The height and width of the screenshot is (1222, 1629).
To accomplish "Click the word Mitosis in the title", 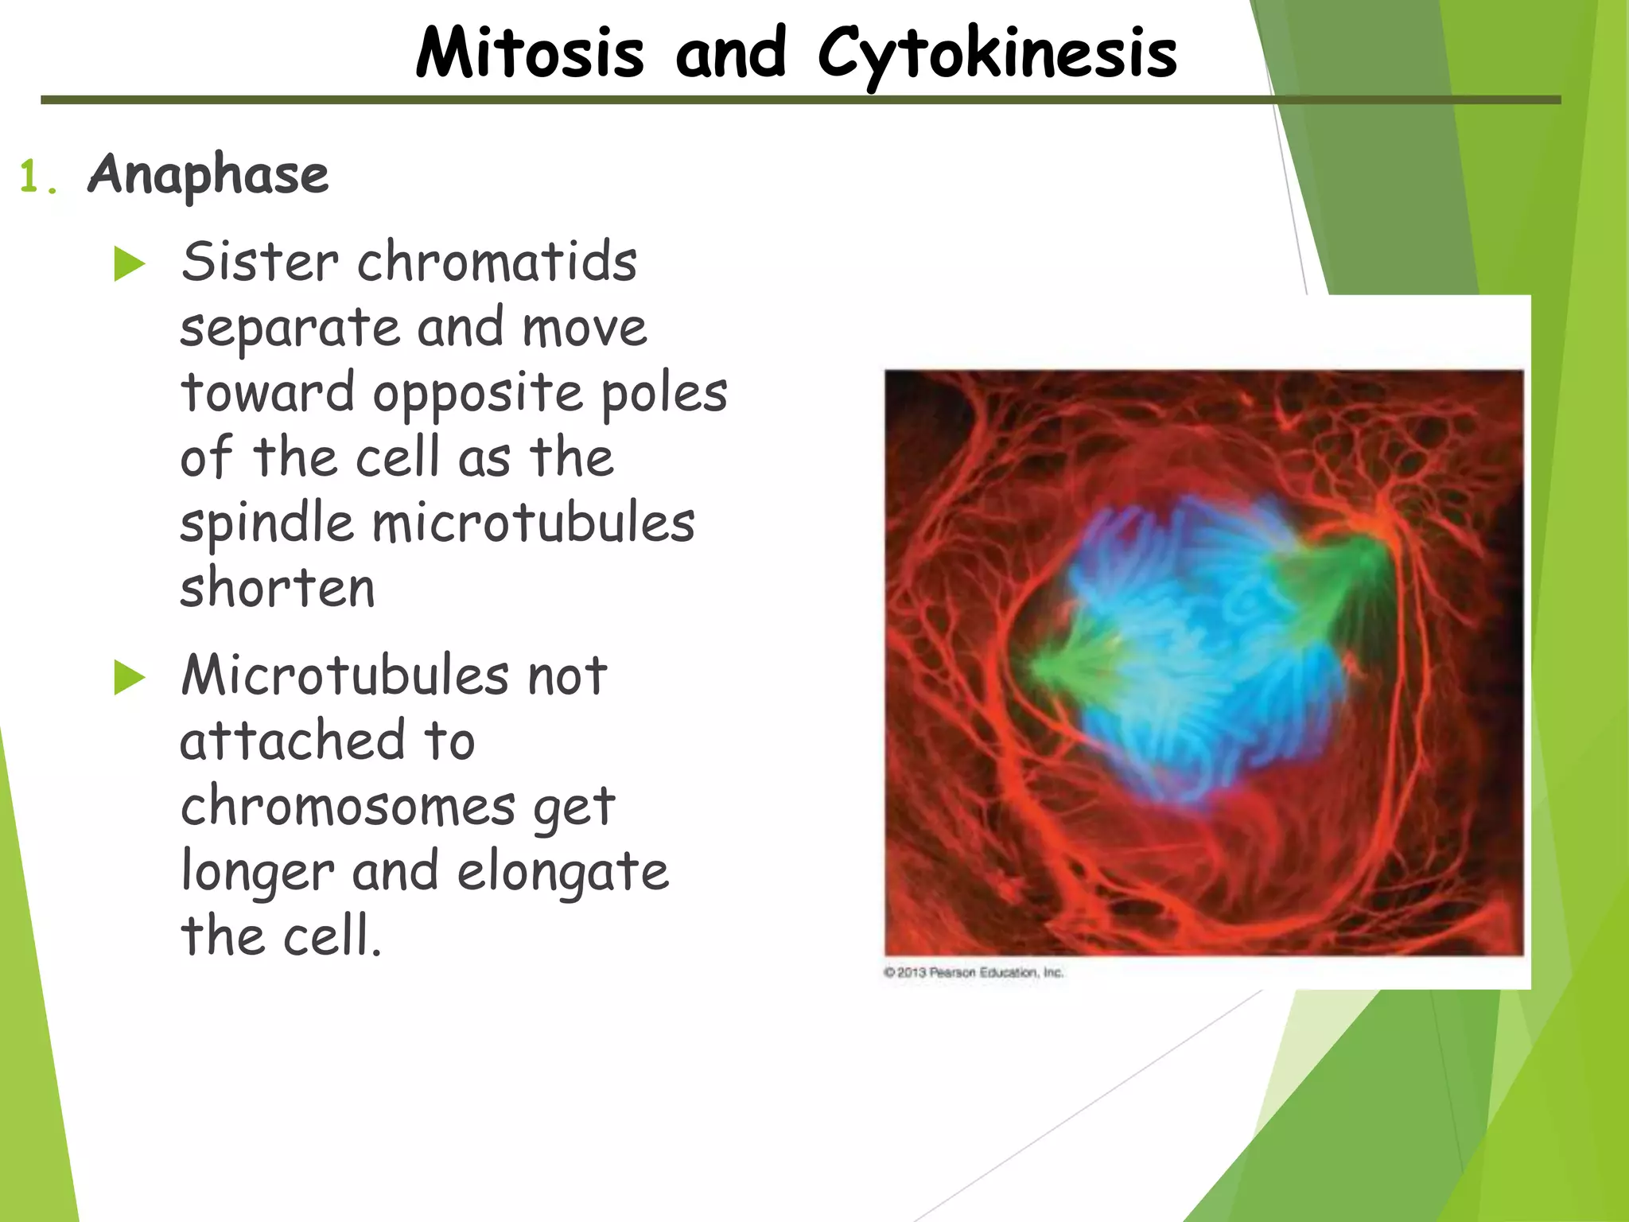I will (x=530, y=54).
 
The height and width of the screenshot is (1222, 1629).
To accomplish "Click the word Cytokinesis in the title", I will (x=997, y=54).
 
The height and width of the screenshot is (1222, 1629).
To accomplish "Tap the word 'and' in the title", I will (x=730, y=54).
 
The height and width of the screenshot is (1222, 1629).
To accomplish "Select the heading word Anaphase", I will (x=208, y=174).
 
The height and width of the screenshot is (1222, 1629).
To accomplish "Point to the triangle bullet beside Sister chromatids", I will (x=129, y=264).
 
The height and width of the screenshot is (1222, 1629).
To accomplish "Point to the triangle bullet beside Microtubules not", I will (x=129, y=678).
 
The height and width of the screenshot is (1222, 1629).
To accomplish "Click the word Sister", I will (x=259, y=262).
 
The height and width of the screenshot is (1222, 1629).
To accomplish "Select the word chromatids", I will (x=497, y=262).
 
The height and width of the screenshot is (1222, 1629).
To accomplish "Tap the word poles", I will (x=664, y=394).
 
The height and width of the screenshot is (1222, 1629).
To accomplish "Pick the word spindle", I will (x=266, y=525).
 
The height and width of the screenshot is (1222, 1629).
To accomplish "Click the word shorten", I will (x=277, y=589).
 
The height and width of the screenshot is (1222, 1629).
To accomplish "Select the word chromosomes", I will (x=348, y=807).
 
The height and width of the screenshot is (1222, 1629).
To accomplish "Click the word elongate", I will (x=563, y=872).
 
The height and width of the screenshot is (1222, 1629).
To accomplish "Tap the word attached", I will (x=293, y=740).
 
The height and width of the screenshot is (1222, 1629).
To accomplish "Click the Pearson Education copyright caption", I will (x=974, y=972).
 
